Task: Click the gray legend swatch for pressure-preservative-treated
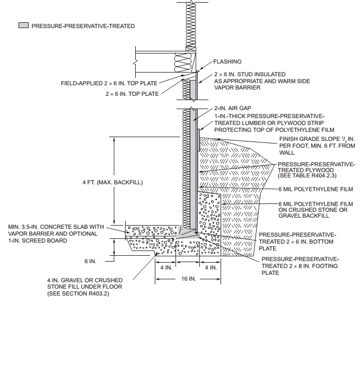point(23,25)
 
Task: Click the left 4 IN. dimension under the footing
point(165,267)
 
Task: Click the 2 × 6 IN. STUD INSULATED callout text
point(259,77)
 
